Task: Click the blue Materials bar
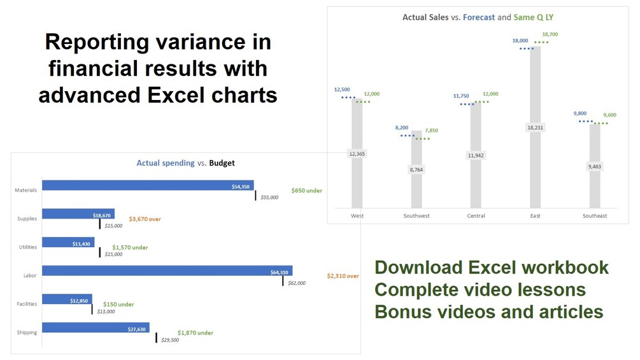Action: [x=148, y=185]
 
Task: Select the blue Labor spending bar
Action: [x=167, y=271]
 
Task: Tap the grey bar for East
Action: [x=535, y=127]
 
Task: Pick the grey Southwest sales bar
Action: [x=416, y=169]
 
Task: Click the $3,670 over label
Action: [x=145, y=219]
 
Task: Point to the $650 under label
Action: [x=306, y=191]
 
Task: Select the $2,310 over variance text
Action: [x=343, y=276]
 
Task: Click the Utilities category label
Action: [x=28, y=247]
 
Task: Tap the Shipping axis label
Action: [x=27, y=332]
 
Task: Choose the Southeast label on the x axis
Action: [x=595, y=216]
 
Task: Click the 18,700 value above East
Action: [x=550, y=34]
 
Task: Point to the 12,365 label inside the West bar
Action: [x=357, y=154]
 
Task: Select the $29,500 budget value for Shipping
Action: [x=170, y=340]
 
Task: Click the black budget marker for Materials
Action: [x=255, y=196]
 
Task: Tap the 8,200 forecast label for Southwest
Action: [x=402, y=128]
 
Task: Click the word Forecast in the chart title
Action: [x=479, y=17]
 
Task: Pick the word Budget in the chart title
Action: [x=222, y=163]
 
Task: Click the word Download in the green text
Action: [x=419, y=268]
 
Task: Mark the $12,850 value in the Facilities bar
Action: [x=79, y=301]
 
